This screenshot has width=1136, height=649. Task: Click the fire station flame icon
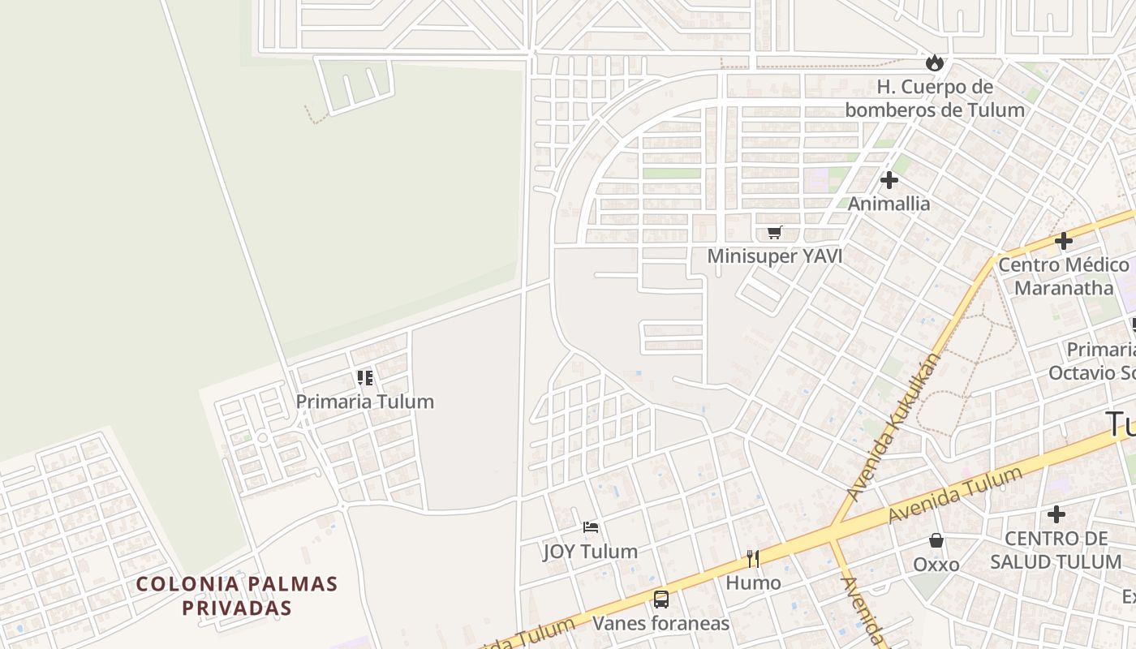(x=935, y=62)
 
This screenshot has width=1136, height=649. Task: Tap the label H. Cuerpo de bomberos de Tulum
(x=935, y=98)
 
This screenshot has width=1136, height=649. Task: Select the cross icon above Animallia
(x=889, y=180)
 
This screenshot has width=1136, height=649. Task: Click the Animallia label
(x=889, y=204)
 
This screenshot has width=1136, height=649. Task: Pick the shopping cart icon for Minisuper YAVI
(x=775, y=233)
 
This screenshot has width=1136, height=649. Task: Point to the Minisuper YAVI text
(x=775, y=256)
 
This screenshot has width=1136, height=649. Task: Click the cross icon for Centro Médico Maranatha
(x=1063, y=241)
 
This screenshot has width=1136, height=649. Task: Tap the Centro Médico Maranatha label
(x=1063, y=276)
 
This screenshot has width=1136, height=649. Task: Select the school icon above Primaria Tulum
(x=365, y=378)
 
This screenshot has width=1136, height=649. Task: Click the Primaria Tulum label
(x=364, y=402)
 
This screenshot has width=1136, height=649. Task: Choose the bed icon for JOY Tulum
(x=591, y=527)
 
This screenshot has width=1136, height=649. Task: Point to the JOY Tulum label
(x=590, y=552)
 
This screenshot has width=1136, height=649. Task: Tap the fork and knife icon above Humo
(x=753, y=558)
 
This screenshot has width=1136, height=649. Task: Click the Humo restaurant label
(x=753, y=582)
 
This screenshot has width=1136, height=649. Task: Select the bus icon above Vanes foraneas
(x=661, y=600)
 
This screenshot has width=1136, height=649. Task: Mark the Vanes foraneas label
(x=661, y=623)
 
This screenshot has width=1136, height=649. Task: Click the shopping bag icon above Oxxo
(x=936, y=540)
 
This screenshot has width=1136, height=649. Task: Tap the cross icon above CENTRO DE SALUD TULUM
(x=1056, y=514)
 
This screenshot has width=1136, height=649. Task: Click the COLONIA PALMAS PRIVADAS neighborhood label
(x=237, y=595)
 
